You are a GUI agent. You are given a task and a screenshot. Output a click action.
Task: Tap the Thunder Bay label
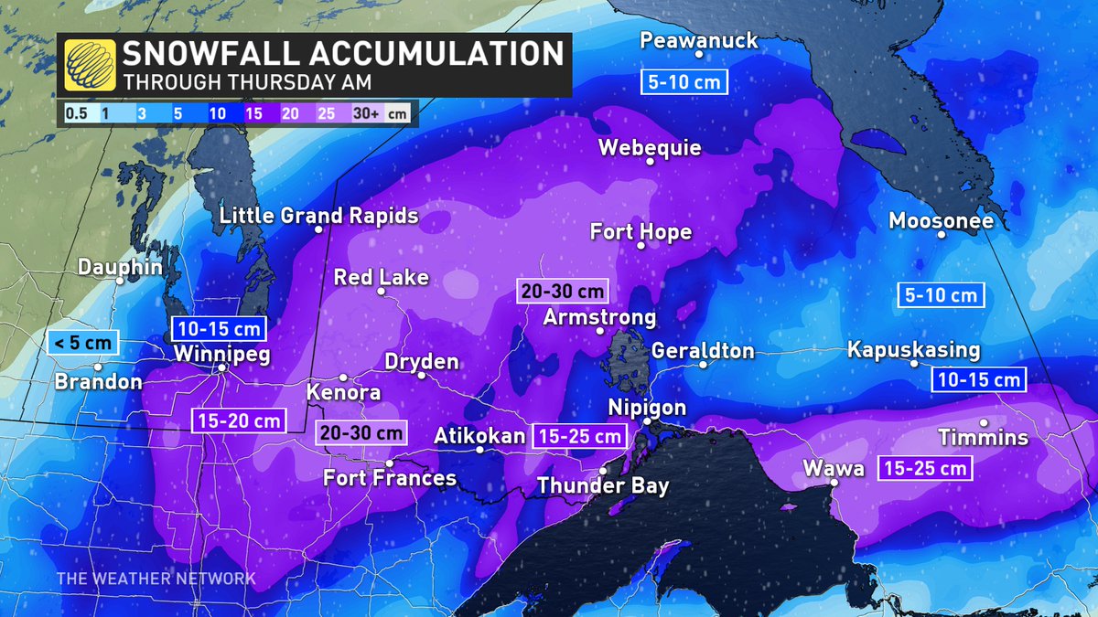coord(602,486)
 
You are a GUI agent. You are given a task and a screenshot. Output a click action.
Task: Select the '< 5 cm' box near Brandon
coord(81,344)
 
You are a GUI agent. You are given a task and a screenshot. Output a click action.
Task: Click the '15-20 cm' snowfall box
coord(238,420)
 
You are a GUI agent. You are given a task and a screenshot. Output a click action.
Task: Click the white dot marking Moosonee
coord(941,234)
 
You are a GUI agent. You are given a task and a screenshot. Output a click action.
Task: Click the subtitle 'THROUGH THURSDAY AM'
coord(247,80)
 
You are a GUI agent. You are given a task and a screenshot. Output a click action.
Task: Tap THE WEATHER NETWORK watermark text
coord(156,579)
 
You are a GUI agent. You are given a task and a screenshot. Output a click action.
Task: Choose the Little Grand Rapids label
coord(319,216)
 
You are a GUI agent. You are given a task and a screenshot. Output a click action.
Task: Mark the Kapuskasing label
coord(913,350)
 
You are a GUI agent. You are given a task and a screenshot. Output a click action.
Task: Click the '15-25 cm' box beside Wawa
coord(924,469)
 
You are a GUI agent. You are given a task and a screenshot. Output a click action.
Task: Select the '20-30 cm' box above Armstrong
coord(562,292)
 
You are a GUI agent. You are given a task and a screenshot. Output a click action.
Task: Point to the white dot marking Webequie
coord(650,162)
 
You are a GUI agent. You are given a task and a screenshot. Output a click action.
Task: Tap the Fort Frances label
coord(390,478)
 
